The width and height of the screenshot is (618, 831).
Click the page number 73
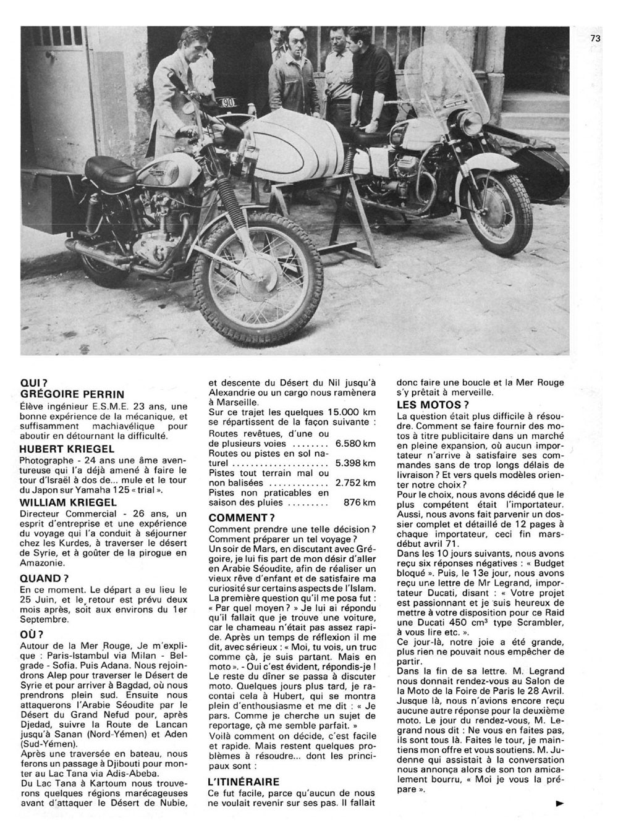click(595, 38)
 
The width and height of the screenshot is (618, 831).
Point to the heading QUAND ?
click(44, 579)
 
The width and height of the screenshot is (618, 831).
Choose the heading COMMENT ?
click(242, 517)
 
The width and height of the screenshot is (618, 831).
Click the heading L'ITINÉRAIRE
click(243, 782)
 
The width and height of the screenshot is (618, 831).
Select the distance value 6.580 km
click(355, 444)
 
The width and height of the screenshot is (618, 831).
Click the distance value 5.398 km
click(355, 463)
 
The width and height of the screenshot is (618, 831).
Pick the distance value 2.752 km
click(355, 483)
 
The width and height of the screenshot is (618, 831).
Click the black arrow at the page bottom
click(560, 804)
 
